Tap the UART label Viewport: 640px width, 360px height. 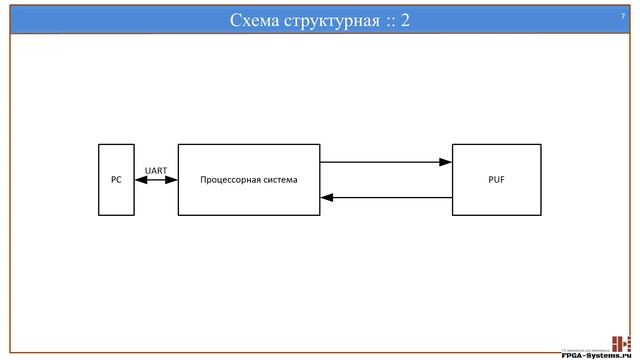pos(156,170)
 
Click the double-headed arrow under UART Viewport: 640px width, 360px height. pos(156,180)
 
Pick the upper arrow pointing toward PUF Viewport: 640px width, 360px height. pos(386,162)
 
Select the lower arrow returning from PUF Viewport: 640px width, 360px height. pos(386,198)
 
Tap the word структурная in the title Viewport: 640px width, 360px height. pos(329,20)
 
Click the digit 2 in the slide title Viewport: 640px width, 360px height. pos(404,20)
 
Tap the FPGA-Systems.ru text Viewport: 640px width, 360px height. pos(598,354)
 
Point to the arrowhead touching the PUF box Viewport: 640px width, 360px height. pos(446,162)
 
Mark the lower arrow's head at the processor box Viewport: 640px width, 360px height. pos(326,198)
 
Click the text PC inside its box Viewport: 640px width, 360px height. pos(116,180)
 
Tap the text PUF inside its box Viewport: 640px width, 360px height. pos(497,180)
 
